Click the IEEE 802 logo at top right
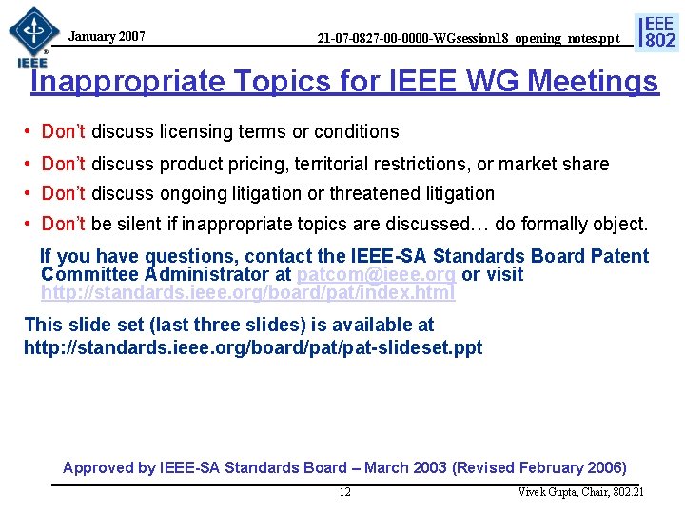[657, 30]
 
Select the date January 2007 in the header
[108, 37]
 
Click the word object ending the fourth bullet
[615, 226]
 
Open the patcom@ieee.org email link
[376, 274]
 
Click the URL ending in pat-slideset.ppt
[253, 347]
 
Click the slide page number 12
[344, 492]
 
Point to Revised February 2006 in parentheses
[539, 467]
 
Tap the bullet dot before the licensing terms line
[30, 131]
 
